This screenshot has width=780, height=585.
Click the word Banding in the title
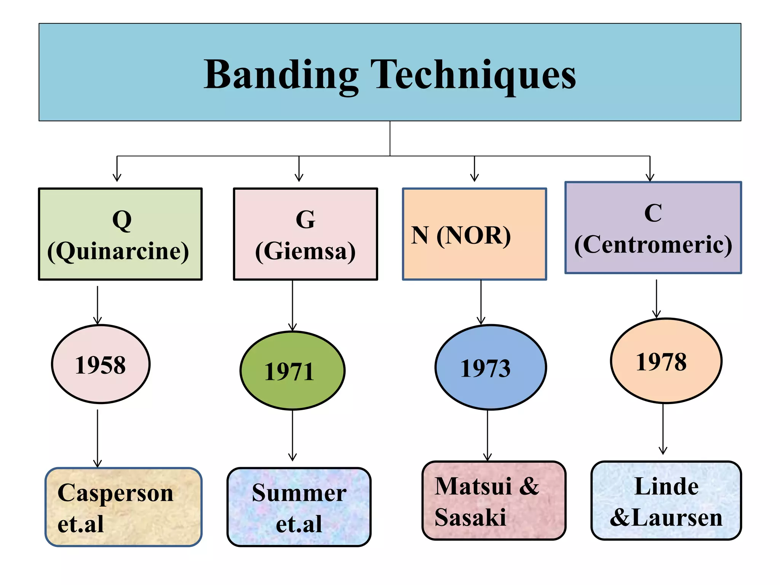pyautogui.click(x=281, y=75)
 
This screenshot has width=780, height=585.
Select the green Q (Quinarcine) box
pyautogui.click(x=120, y=234)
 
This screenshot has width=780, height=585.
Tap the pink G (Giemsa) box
pyautogui.click(x=305, y=234)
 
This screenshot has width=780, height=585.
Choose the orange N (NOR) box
pyautogui.click(x=475, y=234)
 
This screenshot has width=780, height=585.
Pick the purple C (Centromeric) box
pyautogui.click(x=653, y=227)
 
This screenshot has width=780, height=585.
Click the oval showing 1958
pyautogui.click(x=101, y=364)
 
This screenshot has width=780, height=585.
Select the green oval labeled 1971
pyautogui.click(x=292, y=371)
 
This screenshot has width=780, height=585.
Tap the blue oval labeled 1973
pyautogui.click(x=491, y=367)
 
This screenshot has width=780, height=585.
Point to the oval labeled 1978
pyautogui.click(x=666, y=361)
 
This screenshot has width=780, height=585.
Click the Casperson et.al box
pyautogui.click(x=123, y=507)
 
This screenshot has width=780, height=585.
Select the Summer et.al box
pyautogui.click(x=299, y=507)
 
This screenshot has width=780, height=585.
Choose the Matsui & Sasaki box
pyautogui.click(x=494, y=500)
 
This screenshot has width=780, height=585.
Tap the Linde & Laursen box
pyautogui.click(x=666, y=500)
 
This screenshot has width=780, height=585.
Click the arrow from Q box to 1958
pyautogui.click(x=97, y=305)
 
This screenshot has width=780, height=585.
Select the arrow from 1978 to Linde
pyautogui.click(x=663, y=428)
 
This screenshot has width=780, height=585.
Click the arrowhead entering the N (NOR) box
pyautogui.click(x=475, y=177)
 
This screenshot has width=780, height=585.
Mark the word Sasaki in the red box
pyautogui.click(x=470, y=517)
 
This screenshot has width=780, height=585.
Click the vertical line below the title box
pyautogui.click(x=390, y=138)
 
